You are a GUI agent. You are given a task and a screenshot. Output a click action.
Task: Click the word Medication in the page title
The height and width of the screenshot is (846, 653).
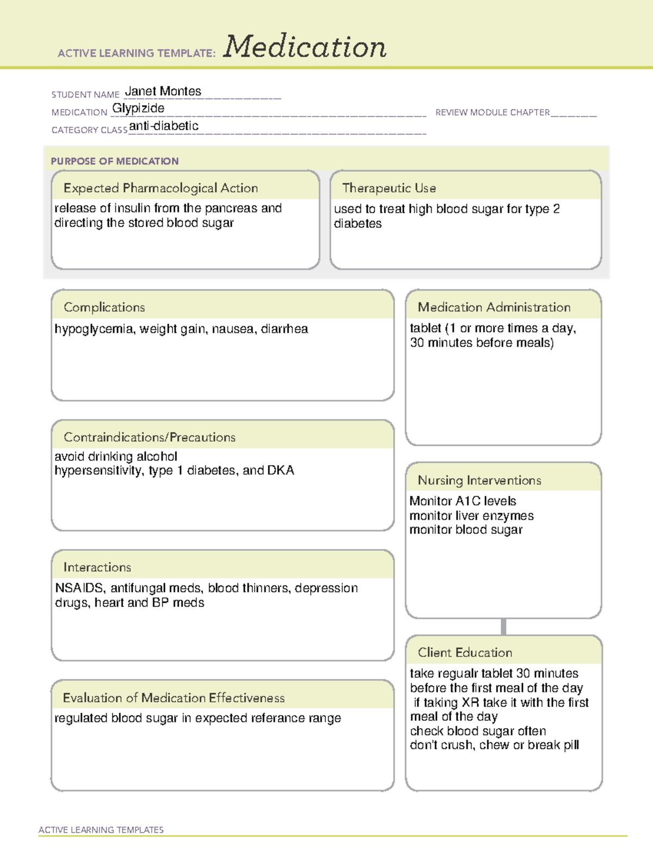[x=305, y=47]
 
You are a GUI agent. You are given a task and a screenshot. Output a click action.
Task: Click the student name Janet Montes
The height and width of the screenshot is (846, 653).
[x=163, y=92]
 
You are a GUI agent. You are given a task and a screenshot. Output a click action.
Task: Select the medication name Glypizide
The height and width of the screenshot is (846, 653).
[x=138, y=108]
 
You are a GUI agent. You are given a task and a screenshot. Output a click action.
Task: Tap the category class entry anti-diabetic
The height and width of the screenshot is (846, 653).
[x=164, y=126]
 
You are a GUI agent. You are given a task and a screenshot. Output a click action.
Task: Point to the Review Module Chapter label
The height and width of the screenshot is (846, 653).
[x=492, y=112]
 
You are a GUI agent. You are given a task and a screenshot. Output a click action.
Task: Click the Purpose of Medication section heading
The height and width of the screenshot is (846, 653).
[x=114, y=161]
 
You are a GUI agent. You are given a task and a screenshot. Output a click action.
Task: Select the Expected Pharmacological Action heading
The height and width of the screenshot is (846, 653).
[x=161, y=188]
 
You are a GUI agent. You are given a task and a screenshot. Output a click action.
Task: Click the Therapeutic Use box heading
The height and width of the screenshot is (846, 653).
[x=389, y=188]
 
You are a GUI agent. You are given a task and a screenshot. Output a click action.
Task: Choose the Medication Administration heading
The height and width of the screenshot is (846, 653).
[x=494, y=307]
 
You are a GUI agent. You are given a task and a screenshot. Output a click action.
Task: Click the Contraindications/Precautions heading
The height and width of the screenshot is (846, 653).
[x=150, y=437]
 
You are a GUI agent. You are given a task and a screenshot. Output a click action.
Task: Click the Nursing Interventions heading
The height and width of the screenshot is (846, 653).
[x=479, y=480]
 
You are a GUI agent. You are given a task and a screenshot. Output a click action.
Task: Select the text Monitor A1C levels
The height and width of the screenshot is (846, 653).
[x=463, y=501]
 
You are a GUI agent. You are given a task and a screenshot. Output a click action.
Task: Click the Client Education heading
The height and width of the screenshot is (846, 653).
[x=465, y=653]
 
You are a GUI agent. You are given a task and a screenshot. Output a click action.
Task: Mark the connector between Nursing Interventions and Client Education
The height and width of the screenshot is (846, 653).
[x=503, y=626]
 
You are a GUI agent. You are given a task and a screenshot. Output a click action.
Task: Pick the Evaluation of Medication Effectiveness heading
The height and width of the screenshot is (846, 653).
[x=174, y=698]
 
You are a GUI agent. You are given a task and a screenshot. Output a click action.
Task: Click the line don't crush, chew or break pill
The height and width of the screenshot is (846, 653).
[x=494, y=745]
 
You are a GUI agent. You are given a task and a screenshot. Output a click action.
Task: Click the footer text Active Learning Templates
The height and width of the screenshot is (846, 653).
[x=101, y=830]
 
